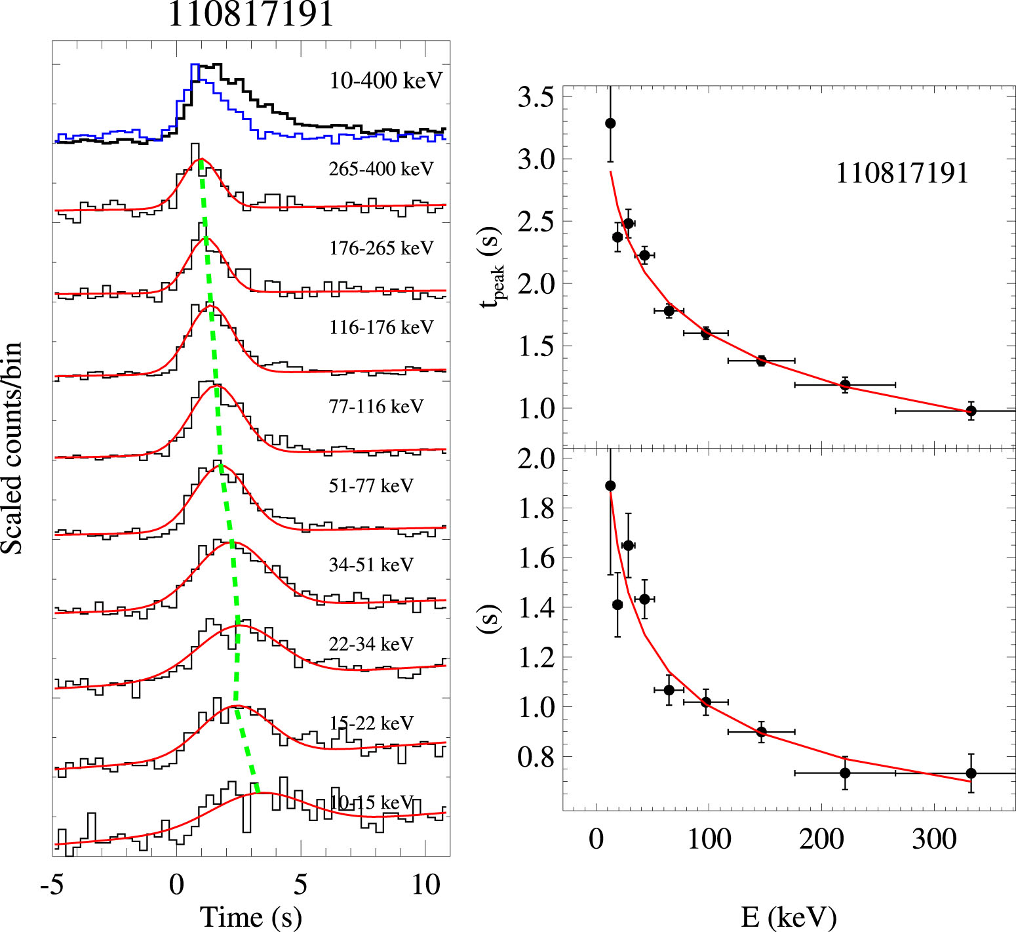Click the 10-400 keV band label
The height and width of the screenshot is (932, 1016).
pyautogui.click(x=386, y=81)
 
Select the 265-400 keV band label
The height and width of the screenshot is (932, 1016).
pyautogui.click(x=381, y=169)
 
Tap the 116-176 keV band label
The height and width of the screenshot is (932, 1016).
pyautogui.click(x=381, y=327)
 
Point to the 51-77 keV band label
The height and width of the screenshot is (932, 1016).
pyautogui.click(x=371, y=485)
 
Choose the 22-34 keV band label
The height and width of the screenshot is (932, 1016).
pyautogui.click(x=371, y=644)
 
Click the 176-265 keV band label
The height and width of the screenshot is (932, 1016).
pyautogui.click(x=381, y=249)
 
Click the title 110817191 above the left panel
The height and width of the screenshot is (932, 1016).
pyautogui.click(x=251, y=14)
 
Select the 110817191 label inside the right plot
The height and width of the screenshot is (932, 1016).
pyautogui.click(x=902, y=173)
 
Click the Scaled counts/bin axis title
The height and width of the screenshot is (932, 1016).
pyautogui.click(x=12, y=448)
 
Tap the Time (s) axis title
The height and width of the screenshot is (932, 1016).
pyautogui.click(x=251, y=916)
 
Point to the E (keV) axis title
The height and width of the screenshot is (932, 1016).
pyautogui.click(x=789, y=916)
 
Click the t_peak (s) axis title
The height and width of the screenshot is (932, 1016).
pyautogui.click(x=492, y=266)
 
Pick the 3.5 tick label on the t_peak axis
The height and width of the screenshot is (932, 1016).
pyautogui.click(x=536, y=97)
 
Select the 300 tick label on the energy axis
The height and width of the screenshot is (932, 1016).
pyautogui.click(x=934, y=839)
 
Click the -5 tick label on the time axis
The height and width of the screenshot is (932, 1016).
pyautogui.click(x=52, y=885)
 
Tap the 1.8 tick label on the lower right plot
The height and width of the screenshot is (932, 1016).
pyautogui.click(x=536, y=508)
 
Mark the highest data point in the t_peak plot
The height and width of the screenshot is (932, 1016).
pyautogui.click(x=610, y=123)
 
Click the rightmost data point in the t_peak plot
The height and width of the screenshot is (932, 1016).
pyautogui.click(x=971, y=411)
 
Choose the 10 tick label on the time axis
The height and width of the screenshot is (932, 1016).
pyautogui.click(x=425, y=885)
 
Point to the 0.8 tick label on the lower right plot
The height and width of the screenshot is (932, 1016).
pyautogui.click(x=536, y=757)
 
